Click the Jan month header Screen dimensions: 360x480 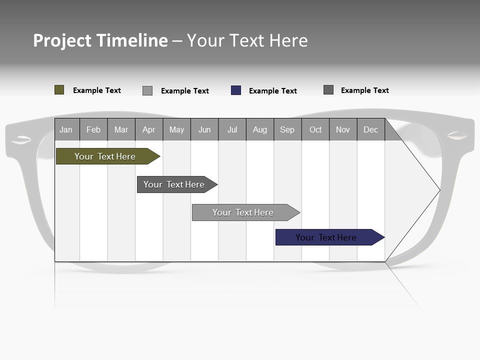pos(66,129)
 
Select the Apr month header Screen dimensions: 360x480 pos(148,129)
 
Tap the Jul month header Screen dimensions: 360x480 pos(232,129)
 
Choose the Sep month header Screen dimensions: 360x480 pos(287,129)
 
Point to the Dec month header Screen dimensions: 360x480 pos(370,129)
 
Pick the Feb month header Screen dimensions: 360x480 pos(93,129)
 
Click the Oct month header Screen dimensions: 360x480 pos(315,129)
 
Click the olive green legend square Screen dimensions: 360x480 pos(59,90)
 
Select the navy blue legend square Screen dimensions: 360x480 pos(236,90)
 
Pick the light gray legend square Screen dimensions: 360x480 pos(147,90)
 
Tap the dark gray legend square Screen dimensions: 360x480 pos(328,90)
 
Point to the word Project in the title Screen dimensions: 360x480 pos(62,40)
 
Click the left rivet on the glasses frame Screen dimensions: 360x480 pos(21,139)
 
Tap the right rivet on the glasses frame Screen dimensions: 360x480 pos(457,135)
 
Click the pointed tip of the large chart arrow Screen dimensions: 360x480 pos(439,190)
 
